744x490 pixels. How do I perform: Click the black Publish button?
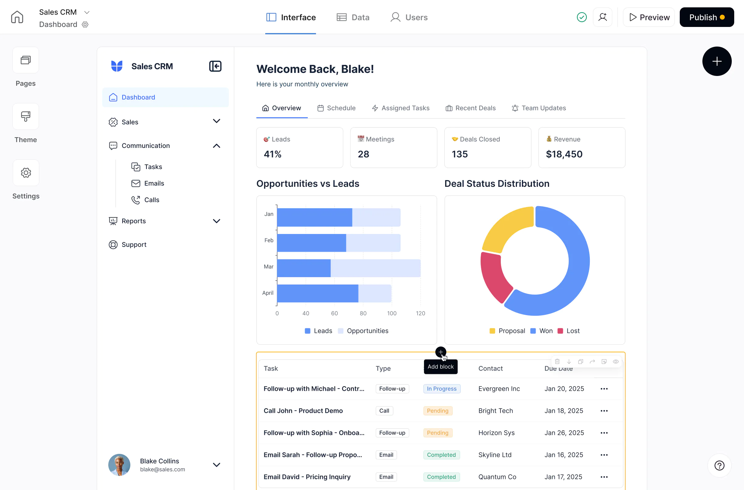click(x=706, y=17)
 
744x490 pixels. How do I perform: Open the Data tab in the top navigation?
click(x=353, y=17)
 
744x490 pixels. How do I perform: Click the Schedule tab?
click(x=337, y=108)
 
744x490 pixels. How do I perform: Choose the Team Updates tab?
click(x=539, y=108)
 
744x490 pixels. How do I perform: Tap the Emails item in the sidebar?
click(x=154, y=183)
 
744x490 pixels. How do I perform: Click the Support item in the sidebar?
click(x=134, y=245)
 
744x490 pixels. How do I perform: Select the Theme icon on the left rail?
click(x=26, y=117)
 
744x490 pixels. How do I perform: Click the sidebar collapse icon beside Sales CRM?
click(x=215, y=66)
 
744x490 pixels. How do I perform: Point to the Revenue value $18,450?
click(x=564, y=154)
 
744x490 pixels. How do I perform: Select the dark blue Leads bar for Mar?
click(x=303, y=268)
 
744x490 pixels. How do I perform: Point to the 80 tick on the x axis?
click(x=363, y=314)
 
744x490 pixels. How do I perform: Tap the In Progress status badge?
click(x=441, y=389)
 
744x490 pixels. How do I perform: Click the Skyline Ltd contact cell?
click(x=495, y=455)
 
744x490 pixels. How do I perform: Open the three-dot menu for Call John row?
click(x=604, y=411)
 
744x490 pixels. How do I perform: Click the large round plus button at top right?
click(x=716, y=61)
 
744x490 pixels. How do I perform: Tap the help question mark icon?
click(x=719, y=466)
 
